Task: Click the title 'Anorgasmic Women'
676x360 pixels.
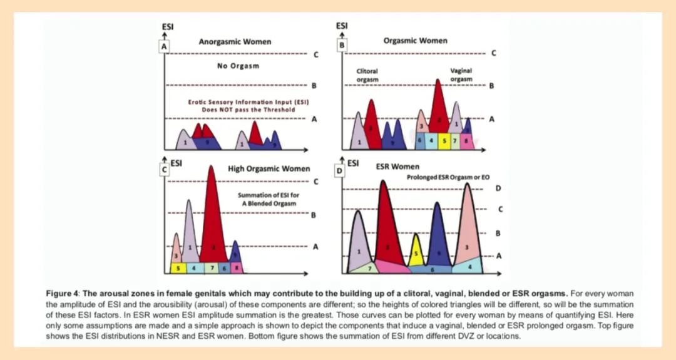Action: point(235,42)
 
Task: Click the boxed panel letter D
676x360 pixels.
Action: point(340,169)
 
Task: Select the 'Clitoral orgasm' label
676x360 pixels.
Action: point(367,76)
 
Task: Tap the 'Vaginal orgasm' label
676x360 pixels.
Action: point(461,75)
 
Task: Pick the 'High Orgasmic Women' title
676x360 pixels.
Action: point(269,168)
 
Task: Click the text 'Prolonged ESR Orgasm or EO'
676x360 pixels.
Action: point(448,178)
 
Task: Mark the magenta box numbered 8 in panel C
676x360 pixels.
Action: point(236,268)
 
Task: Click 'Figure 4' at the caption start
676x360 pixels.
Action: point(65,293)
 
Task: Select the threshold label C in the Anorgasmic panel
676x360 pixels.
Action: point(315,54)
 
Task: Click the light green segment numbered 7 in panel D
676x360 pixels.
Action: point(370,268)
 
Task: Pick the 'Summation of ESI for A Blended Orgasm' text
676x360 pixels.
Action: point(269,199)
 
